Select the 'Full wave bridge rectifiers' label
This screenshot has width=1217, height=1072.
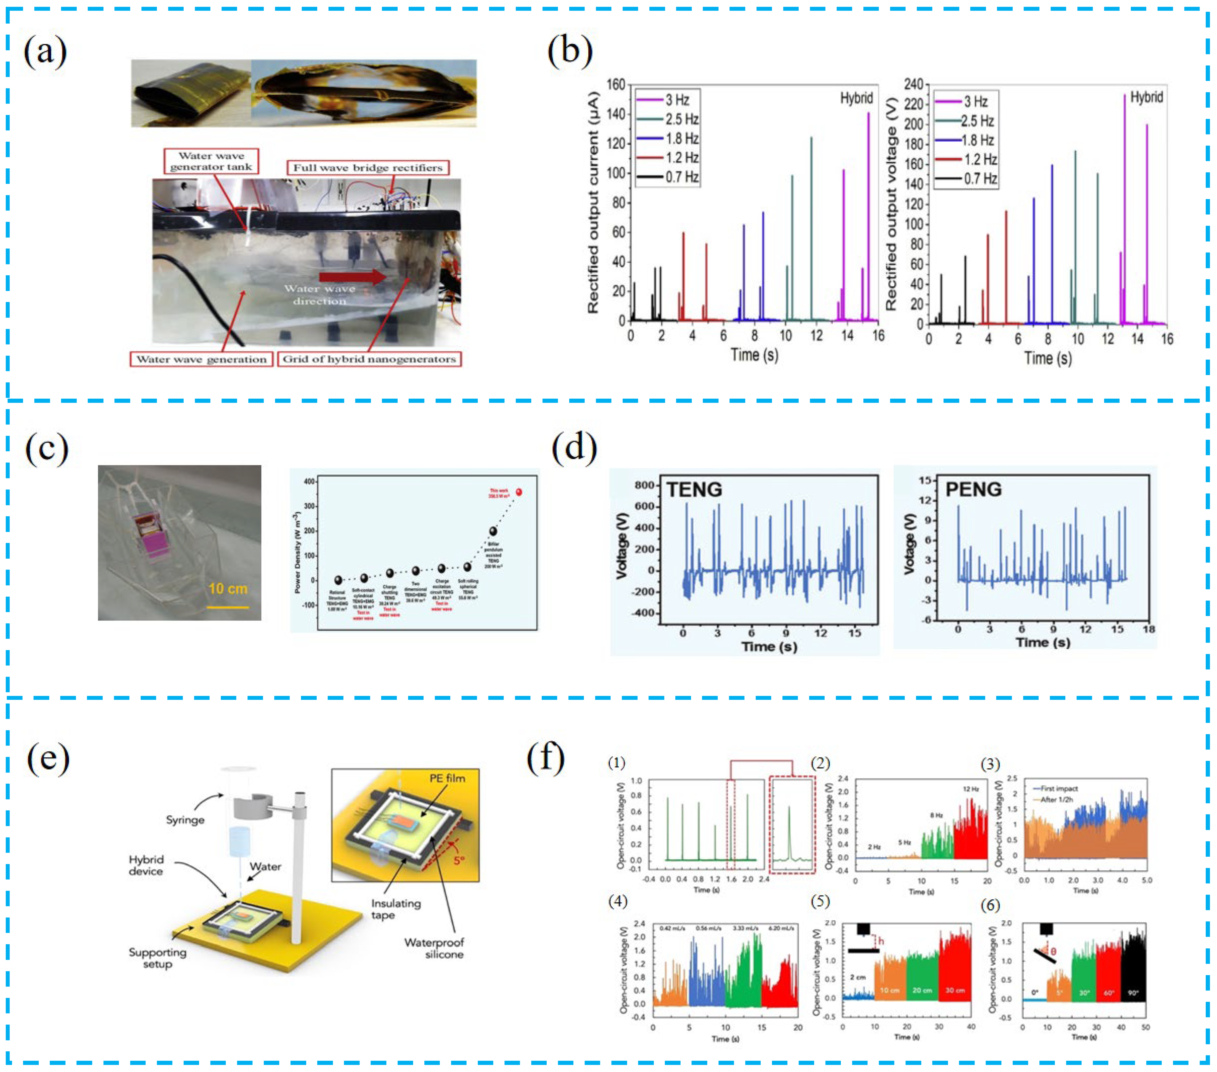tap(367, 168)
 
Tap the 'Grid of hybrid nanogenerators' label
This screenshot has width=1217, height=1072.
tap(369, 359)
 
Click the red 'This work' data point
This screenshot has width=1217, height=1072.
tap(519, 492)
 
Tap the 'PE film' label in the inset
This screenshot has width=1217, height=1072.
tap(447, 778)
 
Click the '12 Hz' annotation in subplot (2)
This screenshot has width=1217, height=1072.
tap(970, 789)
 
